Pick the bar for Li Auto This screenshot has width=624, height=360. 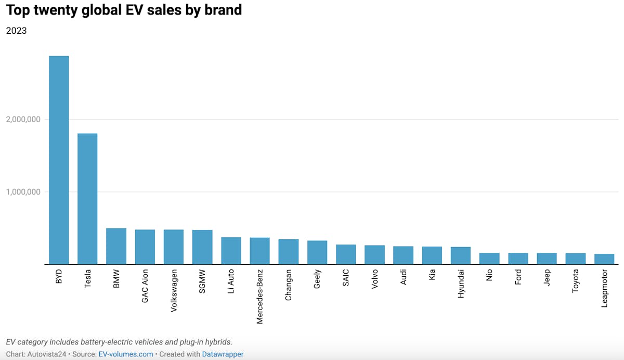click(231, 251)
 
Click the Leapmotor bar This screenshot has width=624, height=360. click(604, 259)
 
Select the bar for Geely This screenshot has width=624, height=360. click(317, 252)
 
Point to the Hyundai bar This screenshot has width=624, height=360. click(461, 255)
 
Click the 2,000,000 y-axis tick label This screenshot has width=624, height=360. click(23, 120)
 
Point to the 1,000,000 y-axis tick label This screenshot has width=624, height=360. click(23, 192)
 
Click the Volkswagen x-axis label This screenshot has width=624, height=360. click(174, 290)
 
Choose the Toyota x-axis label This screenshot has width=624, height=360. click(576, 281)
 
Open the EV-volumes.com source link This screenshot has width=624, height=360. click(126, 354)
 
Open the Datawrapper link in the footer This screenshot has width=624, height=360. click(223, 354)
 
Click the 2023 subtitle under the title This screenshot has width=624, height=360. click(16, 31)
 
